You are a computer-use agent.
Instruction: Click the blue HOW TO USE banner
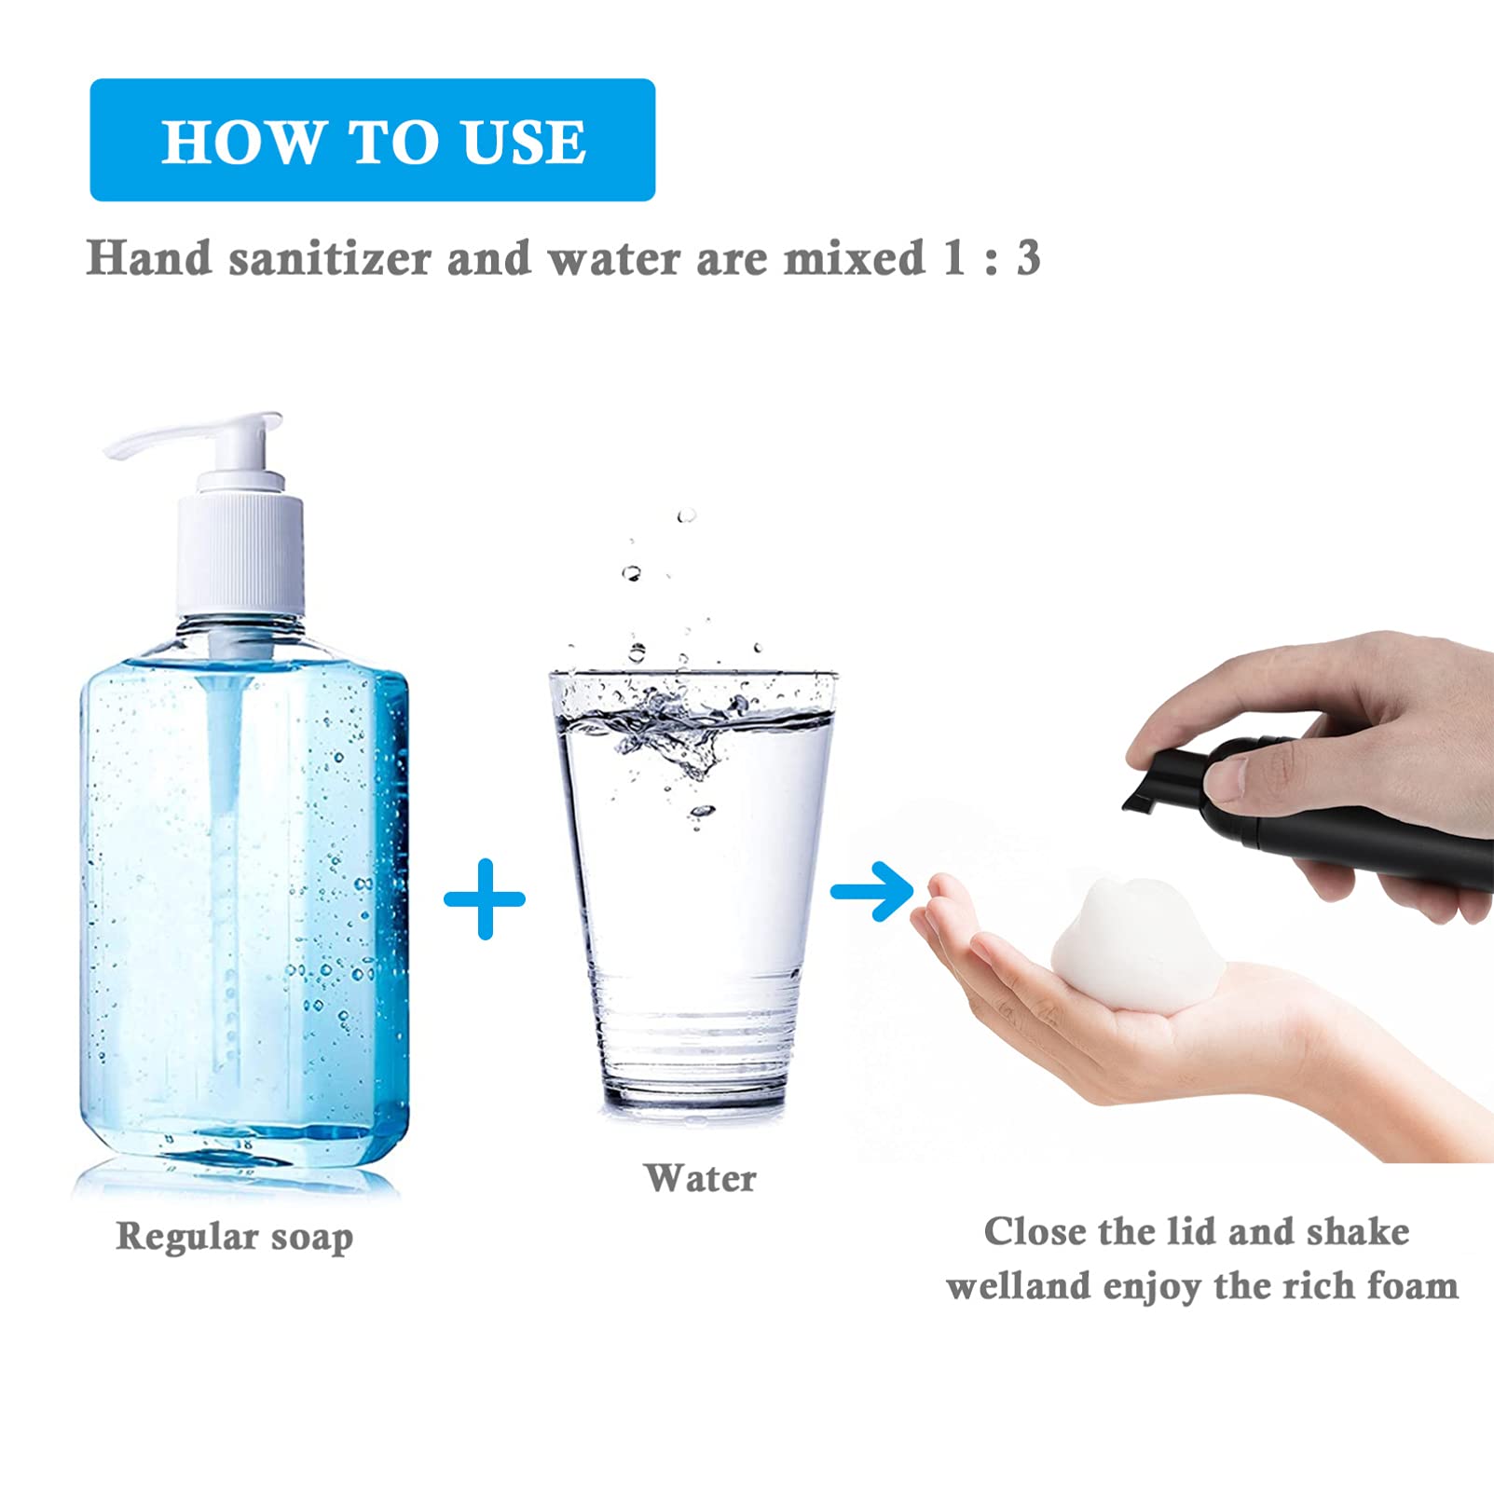click(x=373, y=140)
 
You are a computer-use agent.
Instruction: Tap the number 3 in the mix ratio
click(x=1028, y=258)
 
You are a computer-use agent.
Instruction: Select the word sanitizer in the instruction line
click(x=330, y=258)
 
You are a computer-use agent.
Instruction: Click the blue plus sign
click(x=485, y=898)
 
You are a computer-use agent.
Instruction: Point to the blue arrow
click(x=872, y=892)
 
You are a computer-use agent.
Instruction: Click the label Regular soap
click(x=235, y=1237)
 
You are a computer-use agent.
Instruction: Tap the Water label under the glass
click(x=700, y=1178)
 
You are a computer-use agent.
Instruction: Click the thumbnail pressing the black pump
click(x=1225, y=776)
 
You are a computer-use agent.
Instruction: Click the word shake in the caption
click(x=1357, y=1232)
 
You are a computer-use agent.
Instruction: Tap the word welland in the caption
click(x=1019, y=1286)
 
